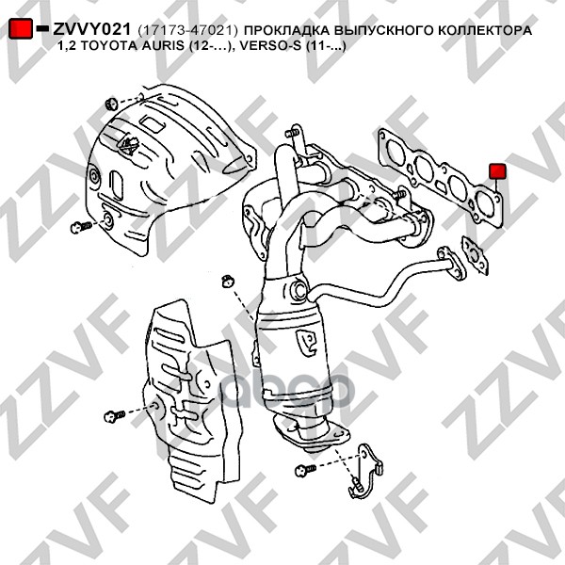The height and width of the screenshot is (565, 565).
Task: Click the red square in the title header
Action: [19, 30]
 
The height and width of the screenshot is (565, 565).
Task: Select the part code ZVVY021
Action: [90, 31]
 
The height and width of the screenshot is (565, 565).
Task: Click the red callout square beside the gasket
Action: [498, 170]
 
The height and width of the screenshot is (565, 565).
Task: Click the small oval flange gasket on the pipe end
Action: [472, 255]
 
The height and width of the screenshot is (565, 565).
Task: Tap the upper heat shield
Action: [160, 160]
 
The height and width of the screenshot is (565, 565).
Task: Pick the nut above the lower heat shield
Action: [225, 280]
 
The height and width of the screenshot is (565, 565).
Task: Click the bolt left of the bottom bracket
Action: [304, 468]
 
